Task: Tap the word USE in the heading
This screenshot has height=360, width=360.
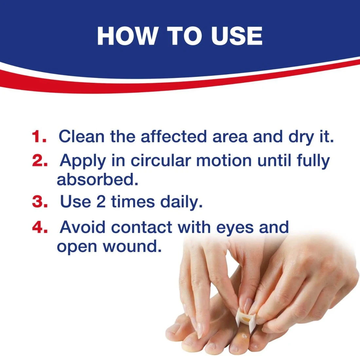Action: [x=237, y=36]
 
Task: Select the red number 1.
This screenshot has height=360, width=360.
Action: [x=39, y=136]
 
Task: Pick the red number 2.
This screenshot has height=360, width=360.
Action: [x=40, y=160]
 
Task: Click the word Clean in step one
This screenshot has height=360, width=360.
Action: [x=81, y=136]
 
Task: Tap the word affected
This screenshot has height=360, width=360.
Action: [x=173, y=136]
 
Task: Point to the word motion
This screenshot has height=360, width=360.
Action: [x=224, y=160]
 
